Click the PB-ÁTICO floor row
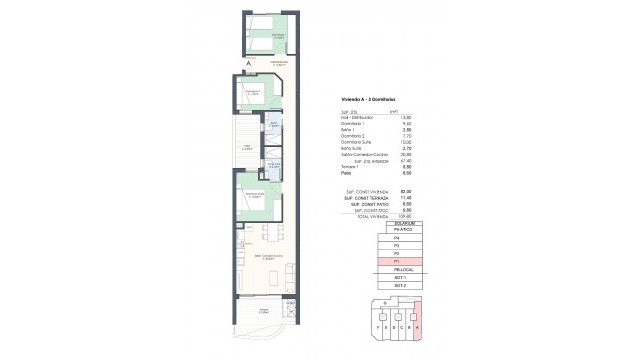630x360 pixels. tap(395, 230)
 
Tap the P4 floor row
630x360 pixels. tap(395, 239)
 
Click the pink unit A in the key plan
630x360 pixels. tap(417, 324)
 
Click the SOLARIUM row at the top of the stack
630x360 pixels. tap(395, 222)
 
